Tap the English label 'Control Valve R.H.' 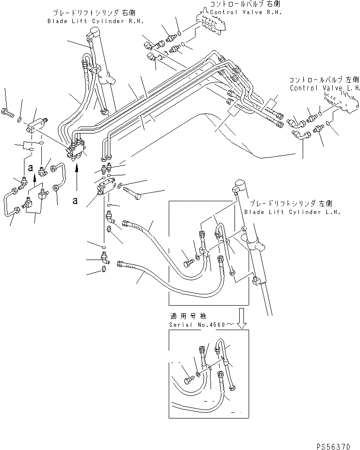click(x=246, y=12)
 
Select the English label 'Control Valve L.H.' click(x=324, y=88)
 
